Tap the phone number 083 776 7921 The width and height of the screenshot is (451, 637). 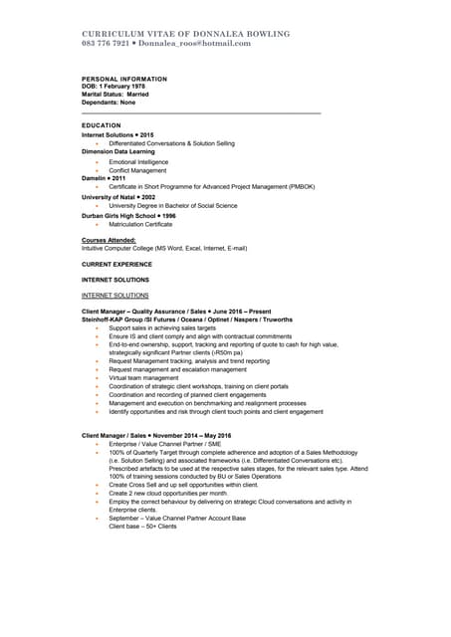(105, 44)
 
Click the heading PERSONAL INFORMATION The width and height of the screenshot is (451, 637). (124, 79)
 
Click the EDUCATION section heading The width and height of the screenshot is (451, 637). (101, 125)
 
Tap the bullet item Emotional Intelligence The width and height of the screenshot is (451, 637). (138, 161)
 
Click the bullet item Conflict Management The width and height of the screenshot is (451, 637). (137, 170)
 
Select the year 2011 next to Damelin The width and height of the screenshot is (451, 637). (118, 179)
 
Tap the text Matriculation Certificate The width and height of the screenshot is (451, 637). (140, 224)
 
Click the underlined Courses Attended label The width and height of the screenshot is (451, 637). (108, 240)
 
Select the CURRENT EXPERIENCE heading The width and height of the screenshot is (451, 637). (116, 264)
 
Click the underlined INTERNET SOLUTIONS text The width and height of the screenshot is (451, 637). (114, 296)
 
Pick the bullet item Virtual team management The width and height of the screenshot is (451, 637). (143, 378)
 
